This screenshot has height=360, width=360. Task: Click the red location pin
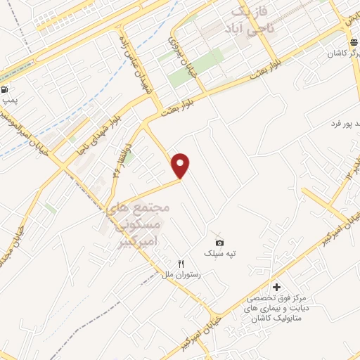coord(181,164)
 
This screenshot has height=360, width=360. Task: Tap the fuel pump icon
coord(6,89)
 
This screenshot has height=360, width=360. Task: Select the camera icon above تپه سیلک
coord(219,243)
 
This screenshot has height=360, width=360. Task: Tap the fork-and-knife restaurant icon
coord(181,263)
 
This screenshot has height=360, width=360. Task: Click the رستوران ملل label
coord(182,275)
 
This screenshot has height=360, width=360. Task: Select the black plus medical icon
coord(276,287)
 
